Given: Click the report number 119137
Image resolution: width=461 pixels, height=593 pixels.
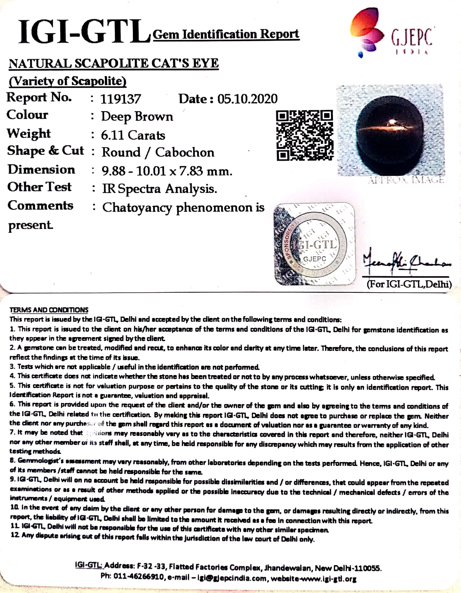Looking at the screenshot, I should tap(120, 99).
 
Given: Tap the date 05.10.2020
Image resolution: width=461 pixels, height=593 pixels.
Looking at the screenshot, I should tap(247, 99).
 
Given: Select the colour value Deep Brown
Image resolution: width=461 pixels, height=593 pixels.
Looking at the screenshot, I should tap(137, 117).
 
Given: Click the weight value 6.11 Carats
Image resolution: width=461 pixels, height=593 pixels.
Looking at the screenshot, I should tap(133, 135).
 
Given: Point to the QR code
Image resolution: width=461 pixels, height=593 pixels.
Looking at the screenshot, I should tap(304, 135).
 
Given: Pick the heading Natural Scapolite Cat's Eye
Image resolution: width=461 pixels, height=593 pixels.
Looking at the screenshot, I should tap(114, 64).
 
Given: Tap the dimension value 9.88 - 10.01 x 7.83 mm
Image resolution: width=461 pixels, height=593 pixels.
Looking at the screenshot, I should tap(167, 171).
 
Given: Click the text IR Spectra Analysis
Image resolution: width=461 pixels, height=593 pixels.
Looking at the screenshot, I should tap(159, 189).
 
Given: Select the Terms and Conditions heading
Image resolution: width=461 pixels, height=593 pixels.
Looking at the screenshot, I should tap(49, 310).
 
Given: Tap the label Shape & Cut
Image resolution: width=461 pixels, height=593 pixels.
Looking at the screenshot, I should tap(46, 151).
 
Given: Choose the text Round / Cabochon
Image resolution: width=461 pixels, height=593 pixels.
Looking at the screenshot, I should tap(158, 153).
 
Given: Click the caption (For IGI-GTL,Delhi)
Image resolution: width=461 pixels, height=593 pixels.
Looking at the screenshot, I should tap(409, 284).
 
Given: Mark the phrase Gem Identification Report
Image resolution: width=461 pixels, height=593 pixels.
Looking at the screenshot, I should tap(226, 34).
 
